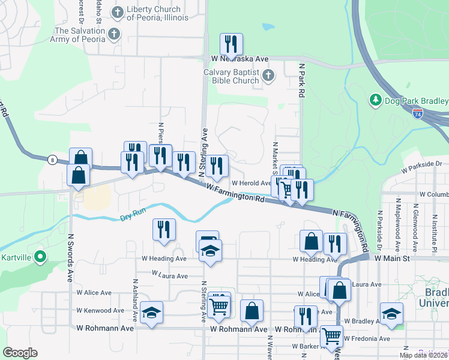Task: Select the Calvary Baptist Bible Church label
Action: point(231,76)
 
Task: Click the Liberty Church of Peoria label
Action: point(154,13)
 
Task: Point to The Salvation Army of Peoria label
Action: point(79,35)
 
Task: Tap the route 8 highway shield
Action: point(53,160)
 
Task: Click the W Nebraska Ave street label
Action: point(240,59)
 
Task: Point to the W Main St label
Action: point(391,258)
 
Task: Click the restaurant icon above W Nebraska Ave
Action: point(231,44)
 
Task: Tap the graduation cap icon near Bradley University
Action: point(391,314)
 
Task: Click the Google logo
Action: point(20,353)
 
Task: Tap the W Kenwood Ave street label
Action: point(94,311)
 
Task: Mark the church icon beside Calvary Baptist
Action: point(268,76)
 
